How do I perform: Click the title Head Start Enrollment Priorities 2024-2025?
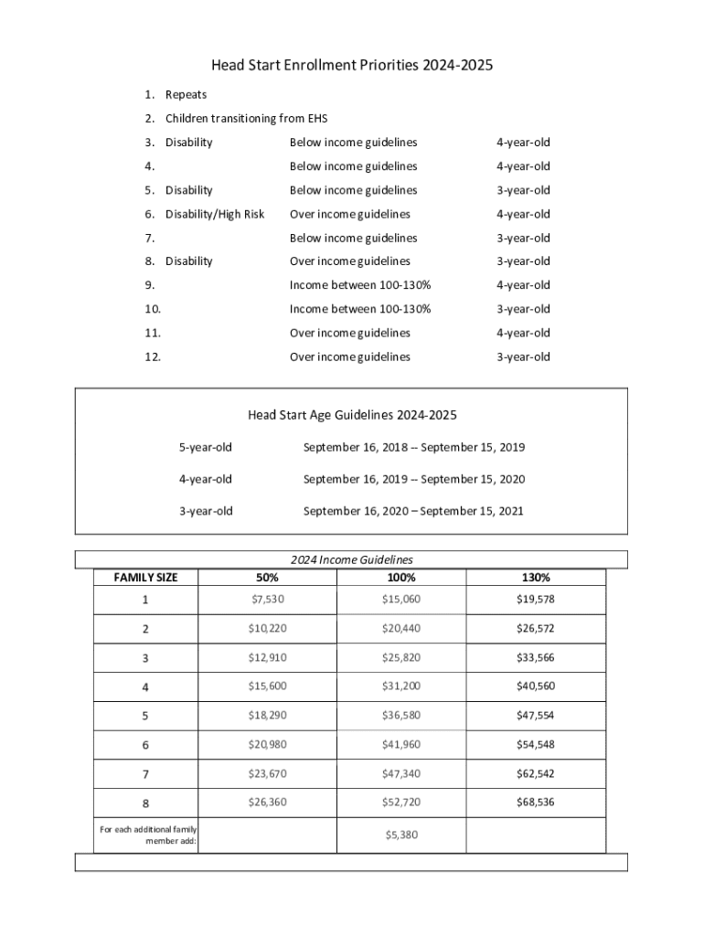tap(351, 66)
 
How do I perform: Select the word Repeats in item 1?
tap(186, 95)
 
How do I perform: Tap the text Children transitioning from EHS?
tap(246, 119)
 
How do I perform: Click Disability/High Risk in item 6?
tap(215, 214)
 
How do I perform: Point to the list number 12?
tap(153, 356)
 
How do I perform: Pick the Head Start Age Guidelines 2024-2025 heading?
tap(351, 415)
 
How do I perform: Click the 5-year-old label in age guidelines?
tap(205, 448)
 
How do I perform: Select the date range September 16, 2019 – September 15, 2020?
tap(413, 479)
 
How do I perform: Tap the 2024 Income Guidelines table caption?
tap(351, 559)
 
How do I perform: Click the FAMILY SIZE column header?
tap(145, 578)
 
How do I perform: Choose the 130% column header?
tap(536, 578)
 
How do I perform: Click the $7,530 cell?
tap(267, 600)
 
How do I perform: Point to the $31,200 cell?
tap(401, 686)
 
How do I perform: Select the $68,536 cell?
tap(536, 803)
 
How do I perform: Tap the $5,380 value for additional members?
tap(401, 835)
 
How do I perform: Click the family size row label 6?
tap(145, 745)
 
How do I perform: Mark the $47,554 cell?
tap(536, 715)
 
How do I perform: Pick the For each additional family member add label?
tap(148, 835)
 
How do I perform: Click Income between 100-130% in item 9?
tap(360, 285)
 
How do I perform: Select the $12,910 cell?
tap(267, 657)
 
